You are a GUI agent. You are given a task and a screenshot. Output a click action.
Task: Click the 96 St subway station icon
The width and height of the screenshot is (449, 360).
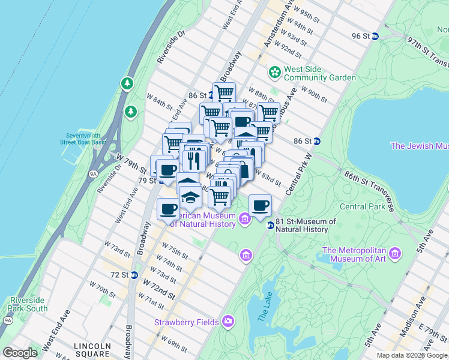375,36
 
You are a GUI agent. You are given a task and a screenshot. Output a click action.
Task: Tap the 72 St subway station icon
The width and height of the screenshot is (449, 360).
134,275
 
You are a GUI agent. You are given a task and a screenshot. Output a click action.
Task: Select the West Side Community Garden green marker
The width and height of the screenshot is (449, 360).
275,72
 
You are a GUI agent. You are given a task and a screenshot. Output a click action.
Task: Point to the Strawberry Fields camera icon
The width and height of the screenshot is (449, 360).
228,322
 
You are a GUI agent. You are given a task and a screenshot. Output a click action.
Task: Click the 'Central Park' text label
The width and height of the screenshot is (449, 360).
361,207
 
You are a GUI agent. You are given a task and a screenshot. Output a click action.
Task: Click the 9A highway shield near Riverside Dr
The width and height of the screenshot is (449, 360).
93,174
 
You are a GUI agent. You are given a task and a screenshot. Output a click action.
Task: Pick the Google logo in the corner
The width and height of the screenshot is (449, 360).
20,353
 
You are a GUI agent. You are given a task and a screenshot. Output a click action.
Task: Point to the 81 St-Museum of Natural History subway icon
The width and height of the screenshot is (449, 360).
271,225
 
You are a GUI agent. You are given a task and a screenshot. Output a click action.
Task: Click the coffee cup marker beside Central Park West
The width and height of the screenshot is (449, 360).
260,206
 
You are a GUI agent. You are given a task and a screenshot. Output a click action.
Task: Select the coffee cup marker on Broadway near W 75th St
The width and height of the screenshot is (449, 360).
168,209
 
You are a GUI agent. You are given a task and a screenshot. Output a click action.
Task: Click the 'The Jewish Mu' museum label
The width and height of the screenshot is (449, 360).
419,146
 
